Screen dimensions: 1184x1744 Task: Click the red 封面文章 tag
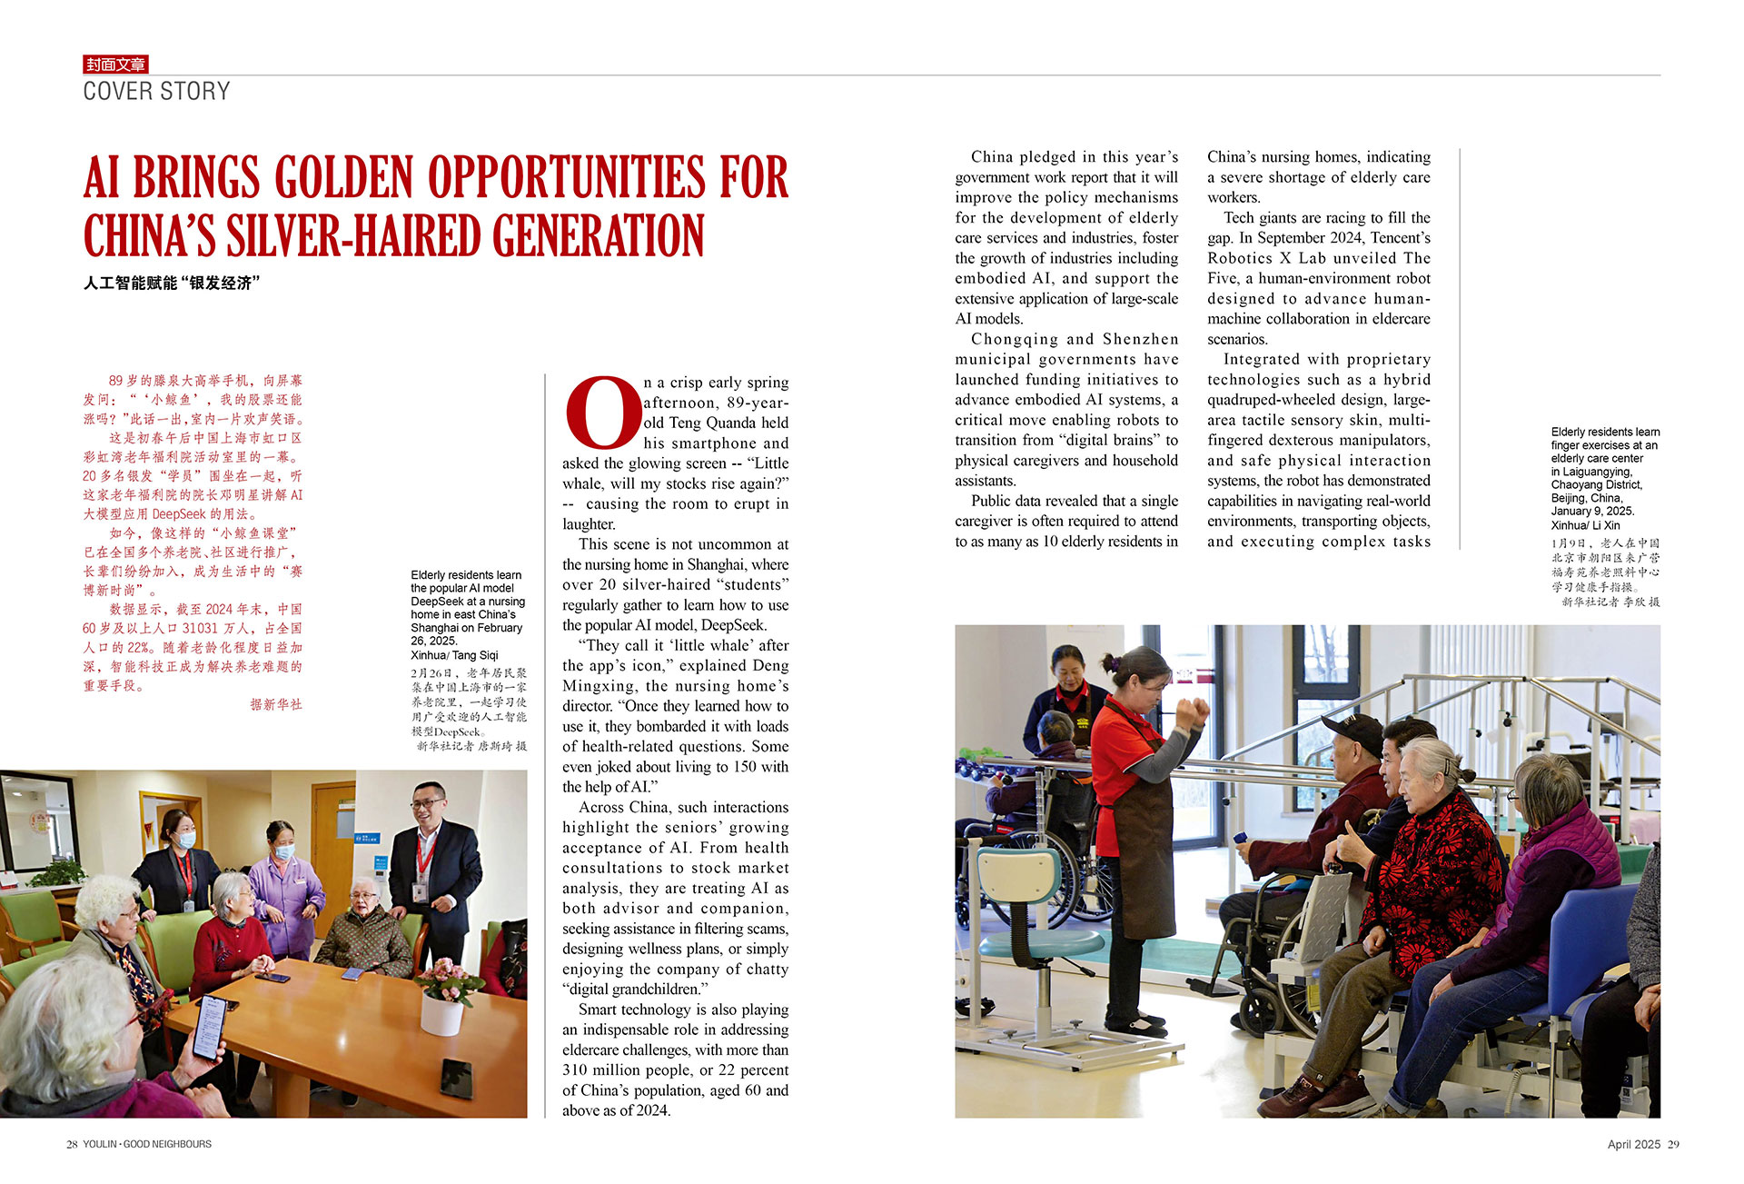[x=115, y=65]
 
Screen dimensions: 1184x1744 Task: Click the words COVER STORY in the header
[x=156, y=92]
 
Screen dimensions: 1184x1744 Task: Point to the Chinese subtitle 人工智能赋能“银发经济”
[x=172, y=284]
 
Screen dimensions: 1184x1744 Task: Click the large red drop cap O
[x=601, y=413]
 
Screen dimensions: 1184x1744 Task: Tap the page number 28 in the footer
[x=72, y=1145]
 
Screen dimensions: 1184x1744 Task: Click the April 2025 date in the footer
[x=1633, y=1145]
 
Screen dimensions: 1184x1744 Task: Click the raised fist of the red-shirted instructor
[x=1193, y=711]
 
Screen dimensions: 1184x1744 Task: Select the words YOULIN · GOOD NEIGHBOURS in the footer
[x=147, y=1145]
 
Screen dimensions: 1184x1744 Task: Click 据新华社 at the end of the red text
[x=276, y=704]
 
